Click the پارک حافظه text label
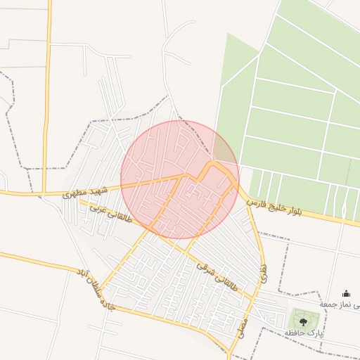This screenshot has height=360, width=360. click(304, 333)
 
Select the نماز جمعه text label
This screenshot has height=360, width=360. click(340, 304)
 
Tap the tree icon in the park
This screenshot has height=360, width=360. click(304, 321)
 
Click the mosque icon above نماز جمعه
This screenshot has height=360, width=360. click(346, 293)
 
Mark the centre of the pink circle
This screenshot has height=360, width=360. click(179, 179)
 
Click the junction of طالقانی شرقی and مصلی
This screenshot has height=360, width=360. click(252, 300)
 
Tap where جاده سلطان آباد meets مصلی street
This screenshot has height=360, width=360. click(229, 349)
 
